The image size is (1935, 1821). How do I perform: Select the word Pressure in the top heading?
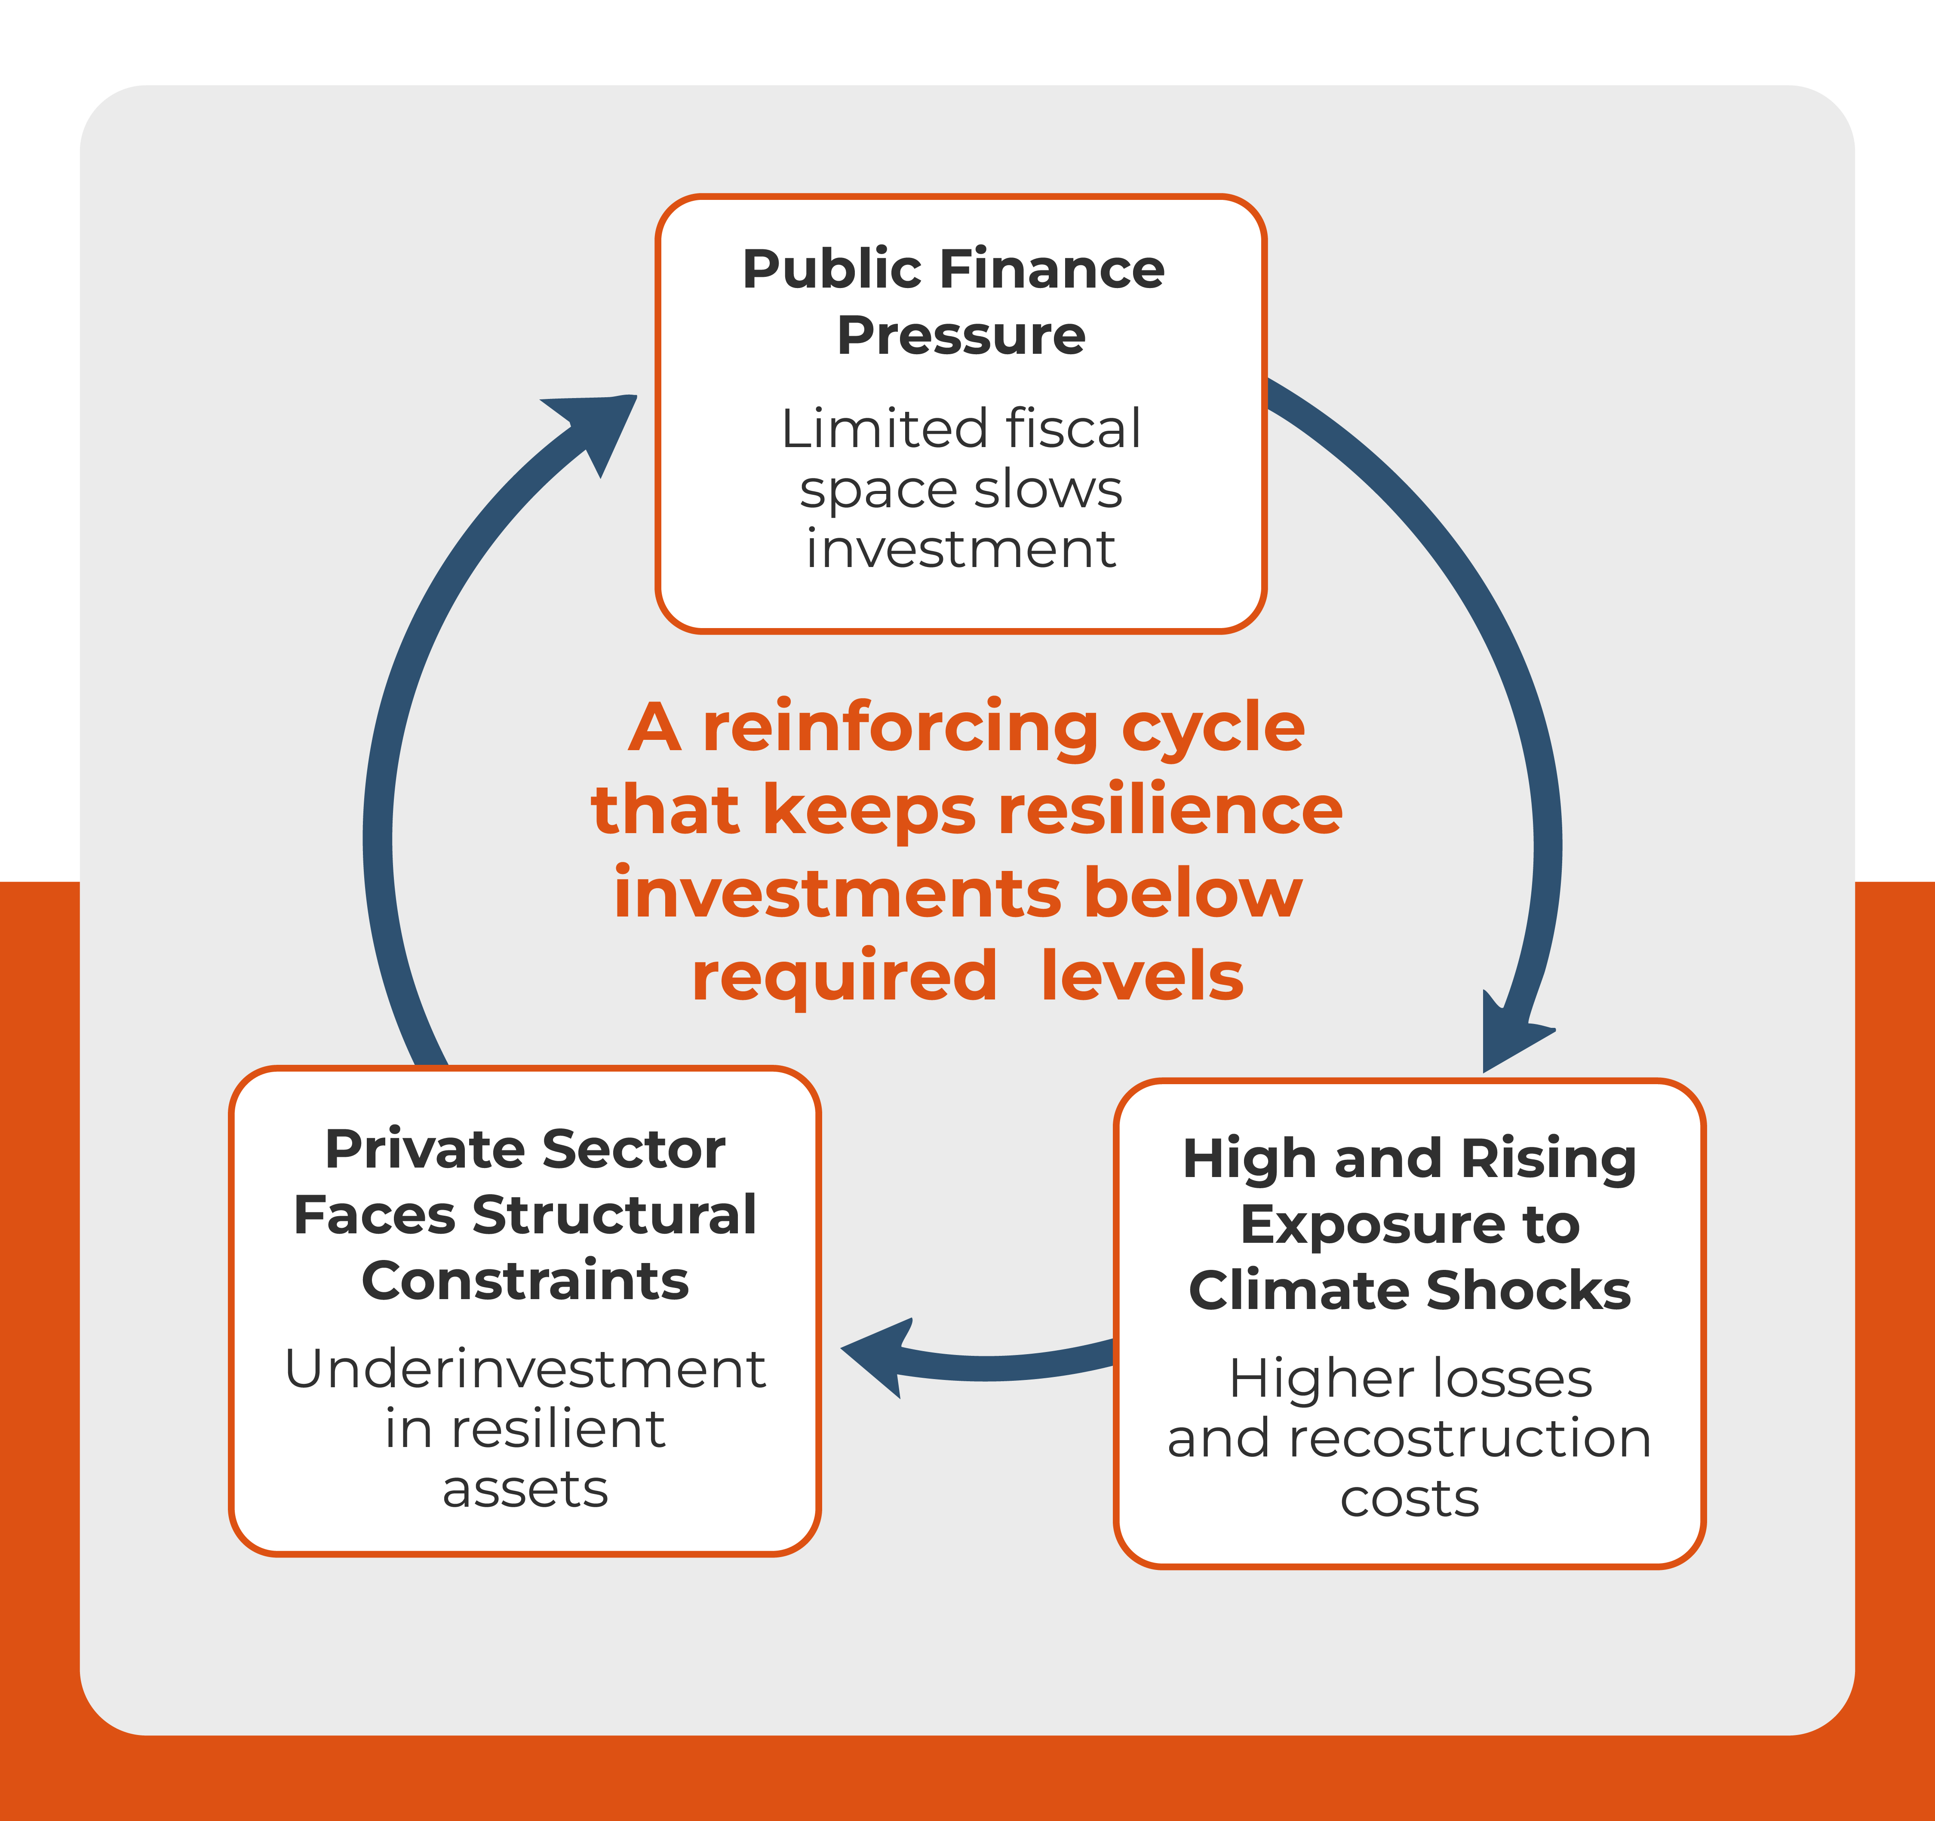(x=961, y=336)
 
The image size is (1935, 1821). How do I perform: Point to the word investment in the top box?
(x=961, y=550)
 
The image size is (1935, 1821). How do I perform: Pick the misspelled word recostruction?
(x=1470, y=1438)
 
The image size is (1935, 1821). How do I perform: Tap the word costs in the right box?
(x=1410, y=1499)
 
